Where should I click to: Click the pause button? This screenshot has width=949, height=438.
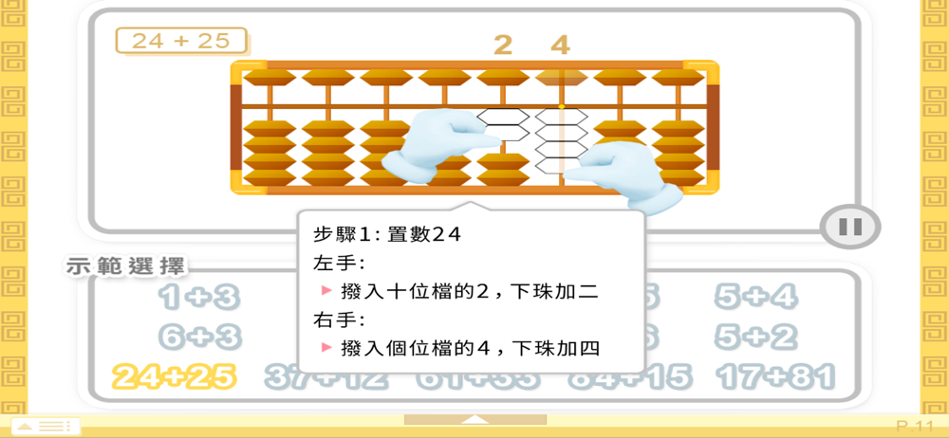(850, 227)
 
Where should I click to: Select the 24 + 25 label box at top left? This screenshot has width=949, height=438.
(181, 41)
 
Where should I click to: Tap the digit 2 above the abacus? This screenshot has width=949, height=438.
(503, 44)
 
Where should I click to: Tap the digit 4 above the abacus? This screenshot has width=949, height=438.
(561, 44)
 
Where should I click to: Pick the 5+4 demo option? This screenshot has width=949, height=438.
(756, 299)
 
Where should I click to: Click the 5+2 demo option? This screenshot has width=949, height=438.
(756, 337)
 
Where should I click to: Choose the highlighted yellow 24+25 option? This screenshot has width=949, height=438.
(173, 376)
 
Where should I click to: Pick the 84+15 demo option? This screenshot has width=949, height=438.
(629, 376)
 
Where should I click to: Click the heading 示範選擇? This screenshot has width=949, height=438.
(125, 266)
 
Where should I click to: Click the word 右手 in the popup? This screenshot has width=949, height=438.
(329, 319)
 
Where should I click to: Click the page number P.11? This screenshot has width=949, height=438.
(915, 426)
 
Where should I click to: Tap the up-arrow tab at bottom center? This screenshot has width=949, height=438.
(474, 419)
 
